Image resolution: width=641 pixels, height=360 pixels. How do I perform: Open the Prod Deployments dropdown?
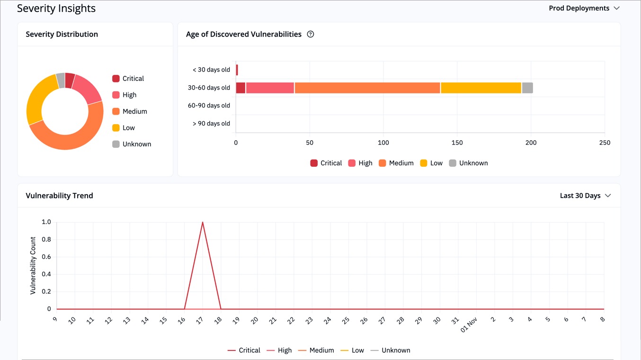click(584, 8)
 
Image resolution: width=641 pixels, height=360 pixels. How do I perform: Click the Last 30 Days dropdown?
click(585, 196)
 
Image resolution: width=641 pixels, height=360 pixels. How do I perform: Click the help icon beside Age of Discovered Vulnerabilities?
click(311, 34)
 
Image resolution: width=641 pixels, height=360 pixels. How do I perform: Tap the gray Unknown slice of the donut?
click(61, 81)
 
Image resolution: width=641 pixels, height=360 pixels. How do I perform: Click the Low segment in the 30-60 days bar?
click(481, 88)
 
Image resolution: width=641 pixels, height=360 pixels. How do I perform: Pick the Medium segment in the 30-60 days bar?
click(367, 88)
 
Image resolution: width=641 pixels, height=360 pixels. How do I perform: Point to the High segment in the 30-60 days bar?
click(270, 88)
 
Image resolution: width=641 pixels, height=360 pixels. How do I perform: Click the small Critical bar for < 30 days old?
click(237, 70)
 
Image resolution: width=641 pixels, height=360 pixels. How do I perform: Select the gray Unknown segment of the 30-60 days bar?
click(527, 88)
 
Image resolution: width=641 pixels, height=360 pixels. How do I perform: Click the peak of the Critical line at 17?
click(203, 222)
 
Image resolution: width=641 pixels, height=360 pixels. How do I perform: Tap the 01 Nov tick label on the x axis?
click(469, 324)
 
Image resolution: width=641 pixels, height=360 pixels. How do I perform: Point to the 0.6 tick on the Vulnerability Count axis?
click(46, 257)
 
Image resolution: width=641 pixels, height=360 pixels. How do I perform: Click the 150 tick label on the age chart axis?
click(457, 143)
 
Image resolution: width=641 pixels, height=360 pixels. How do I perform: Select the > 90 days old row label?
click(211, 124)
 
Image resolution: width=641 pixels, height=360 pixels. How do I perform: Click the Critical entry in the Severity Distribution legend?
click(128, 79)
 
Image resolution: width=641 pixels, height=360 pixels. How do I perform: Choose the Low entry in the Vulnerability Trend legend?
click(352, 351)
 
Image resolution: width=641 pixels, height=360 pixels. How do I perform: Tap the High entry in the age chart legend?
click(360, 163)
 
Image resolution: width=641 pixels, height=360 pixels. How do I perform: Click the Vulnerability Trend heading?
click(59, 196)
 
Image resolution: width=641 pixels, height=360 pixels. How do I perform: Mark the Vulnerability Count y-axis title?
click(33, 265)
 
